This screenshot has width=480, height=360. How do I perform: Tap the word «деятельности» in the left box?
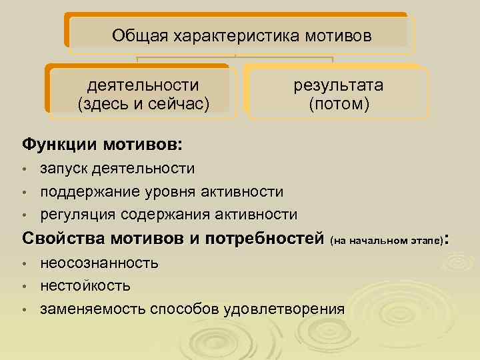[x=143, y=85]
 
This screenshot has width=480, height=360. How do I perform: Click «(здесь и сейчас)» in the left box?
[x=143, y=103]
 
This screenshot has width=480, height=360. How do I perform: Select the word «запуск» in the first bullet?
[x=64, y=169]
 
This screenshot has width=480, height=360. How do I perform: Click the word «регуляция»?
[x=77, y=214]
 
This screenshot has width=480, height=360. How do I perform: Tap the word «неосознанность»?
[x=99, y=263]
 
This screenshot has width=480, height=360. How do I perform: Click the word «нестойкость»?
[x=85, y=285]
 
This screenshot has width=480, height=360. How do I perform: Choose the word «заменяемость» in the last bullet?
[x=93, y=309]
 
